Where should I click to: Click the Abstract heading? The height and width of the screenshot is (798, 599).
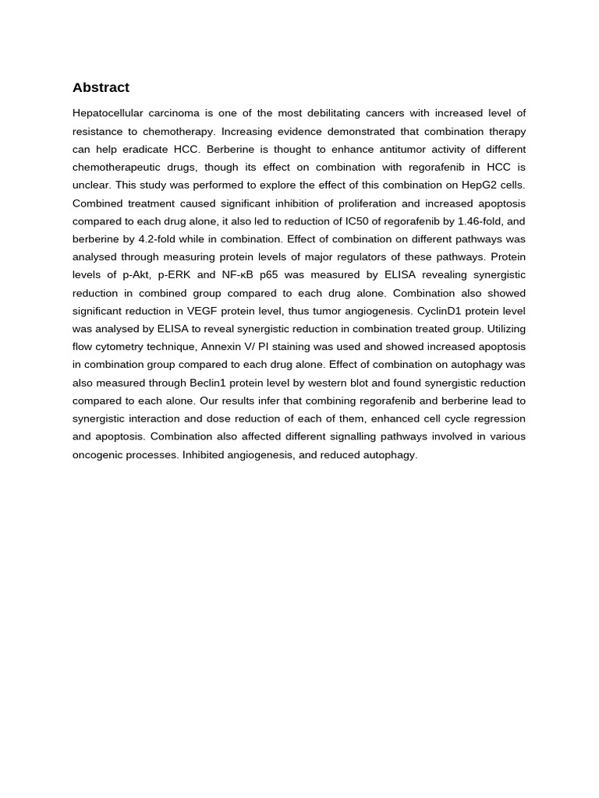(x=101, y=87)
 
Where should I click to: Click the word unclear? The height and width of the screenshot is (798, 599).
(x=92, y=185)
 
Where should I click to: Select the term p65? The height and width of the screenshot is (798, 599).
(x=273, y=275)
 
